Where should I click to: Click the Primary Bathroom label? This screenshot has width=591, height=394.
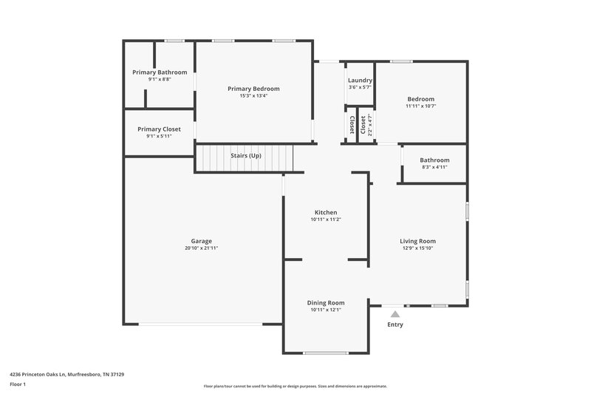(160, 72)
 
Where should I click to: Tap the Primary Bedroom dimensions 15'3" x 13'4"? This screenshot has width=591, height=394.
(253, 96)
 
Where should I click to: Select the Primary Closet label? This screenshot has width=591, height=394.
(160, 129)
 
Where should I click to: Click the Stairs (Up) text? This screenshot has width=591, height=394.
(245, 156)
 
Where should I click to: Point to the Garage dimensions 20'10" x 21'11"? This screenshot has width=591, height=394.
(202, 248)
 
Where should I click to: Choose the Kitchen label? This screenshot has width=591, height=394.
(326, 212)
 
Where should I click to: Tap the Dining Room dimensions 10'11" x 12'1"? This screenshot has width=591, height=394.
(326, 310)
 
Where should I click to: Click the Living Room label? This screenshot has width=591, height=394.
(418, 241)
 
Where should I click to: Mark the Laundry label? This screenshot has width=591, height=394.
(360, 80)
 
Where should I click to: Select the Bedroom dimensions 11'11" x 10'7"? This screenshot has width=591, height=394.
(421, 106)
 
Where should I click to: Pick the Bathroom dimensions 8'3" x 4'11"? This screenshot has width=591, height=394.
(434, 167)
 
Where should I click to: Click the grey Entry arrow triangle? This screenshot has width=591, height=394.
(395, 314)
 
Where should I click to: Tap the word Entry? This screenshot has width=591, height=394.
(395, 325)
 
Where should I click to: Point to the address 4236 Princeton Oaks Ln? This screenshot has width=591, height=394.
(67, 374)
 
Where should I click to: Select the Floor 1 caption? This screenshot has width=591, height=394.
(18, 384)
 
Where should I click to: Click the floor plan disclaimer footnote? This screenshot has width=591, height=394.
(295, 386)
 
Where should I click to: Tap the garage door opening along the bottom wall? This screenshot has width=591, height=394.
(202, 324)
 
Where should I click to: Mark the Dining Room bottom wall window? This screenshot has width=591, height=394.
(326, 353)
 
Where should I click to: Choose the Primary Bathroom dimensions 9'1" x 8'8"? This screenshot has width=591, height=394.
(160, 79)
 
